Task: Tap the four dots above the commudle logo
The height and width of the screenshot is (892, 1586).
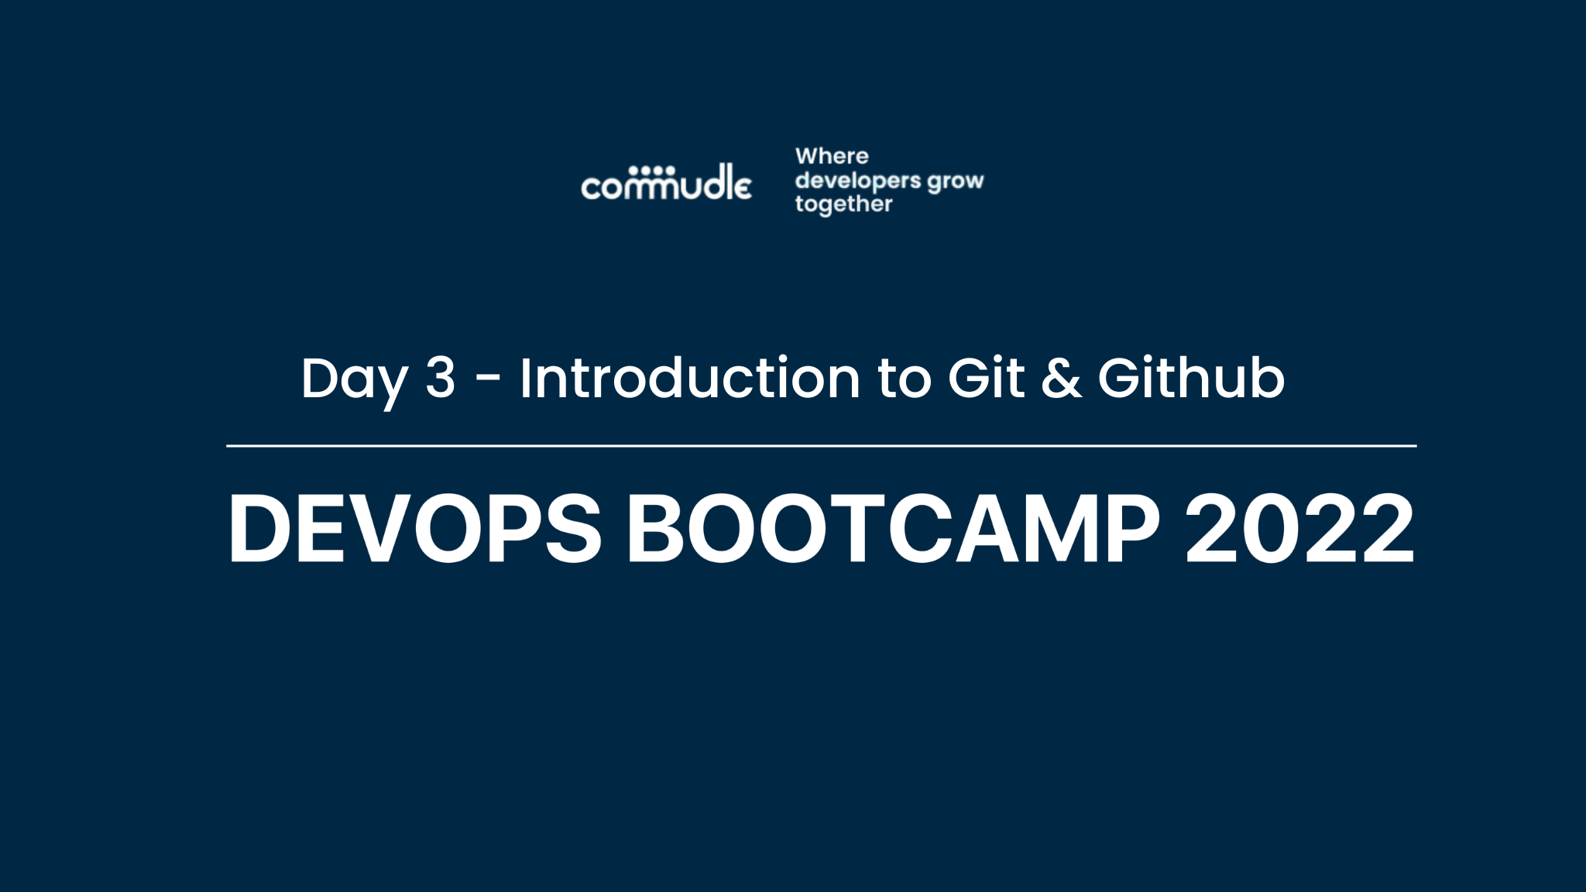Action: pyautogui.click(x=651, y=170)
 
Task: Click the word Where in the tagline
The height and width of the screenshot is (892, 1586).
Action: pyautogui.click(x=832, y=156)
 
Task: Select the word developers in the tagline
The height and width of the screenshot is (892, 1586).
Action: pyautogui.click(x=858, y=181)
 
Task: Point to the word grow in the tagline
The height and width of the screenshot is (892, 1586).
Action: pyautogui.click(x=956, y=182)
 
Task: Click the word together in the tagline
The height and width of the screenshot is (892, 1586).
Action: pyautogui.click(x=843, y=204)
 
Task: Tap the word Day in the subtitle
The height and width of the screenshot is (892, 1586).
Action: pyautogui.click(x=354, y=379)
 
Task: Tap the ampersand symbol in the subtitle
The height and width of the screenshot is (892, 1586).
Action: pyautogui.click(x=1061, y=379)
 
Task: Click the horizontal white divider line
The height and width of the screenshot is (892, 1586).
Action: pyautogui.click(x=821, y=446)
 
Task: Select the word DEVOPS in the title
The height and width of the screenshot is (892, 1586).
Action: pyautogui.click(x=415, y=529)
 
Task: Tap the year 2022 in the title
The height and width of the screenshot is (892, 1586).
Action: pyautogui.click(x=1300, y=529)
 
